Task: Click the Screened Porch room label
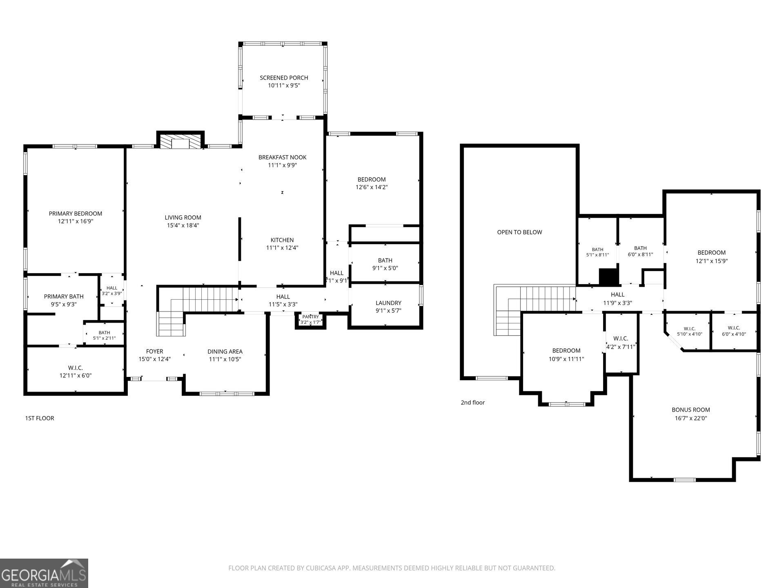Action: [284, 78]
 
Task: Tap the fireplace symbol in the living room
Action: [180, 142]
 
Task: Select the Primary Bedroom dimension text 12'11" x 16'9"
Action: [76, 221]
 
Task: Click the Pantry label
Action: [311, 317]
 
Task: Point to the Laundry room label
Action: [388, 303]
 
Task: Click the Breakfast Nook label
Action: [282, 157]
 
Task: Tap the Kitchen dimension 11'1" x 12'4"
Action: [282, 247]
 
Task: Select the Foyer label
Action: [154, 351]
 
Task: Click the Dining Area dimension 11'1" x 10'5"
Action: [225, 359]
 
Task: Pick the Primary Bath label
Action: [64, 296]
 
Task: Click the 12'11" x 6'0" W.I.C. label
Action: [76, 376]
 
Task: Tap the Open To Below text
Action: [519, 232]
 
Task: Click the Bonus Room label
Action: [691, 410]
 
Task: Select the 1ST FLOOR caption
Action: [40, 418]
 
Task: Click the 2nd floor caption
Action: [473, 403]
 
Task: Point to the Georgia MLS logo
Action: [44, 573]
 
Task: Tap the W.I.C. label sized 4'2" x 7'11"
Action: [621, 339]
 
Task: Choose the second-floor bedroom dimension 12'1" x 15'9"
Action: [712, 261]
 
